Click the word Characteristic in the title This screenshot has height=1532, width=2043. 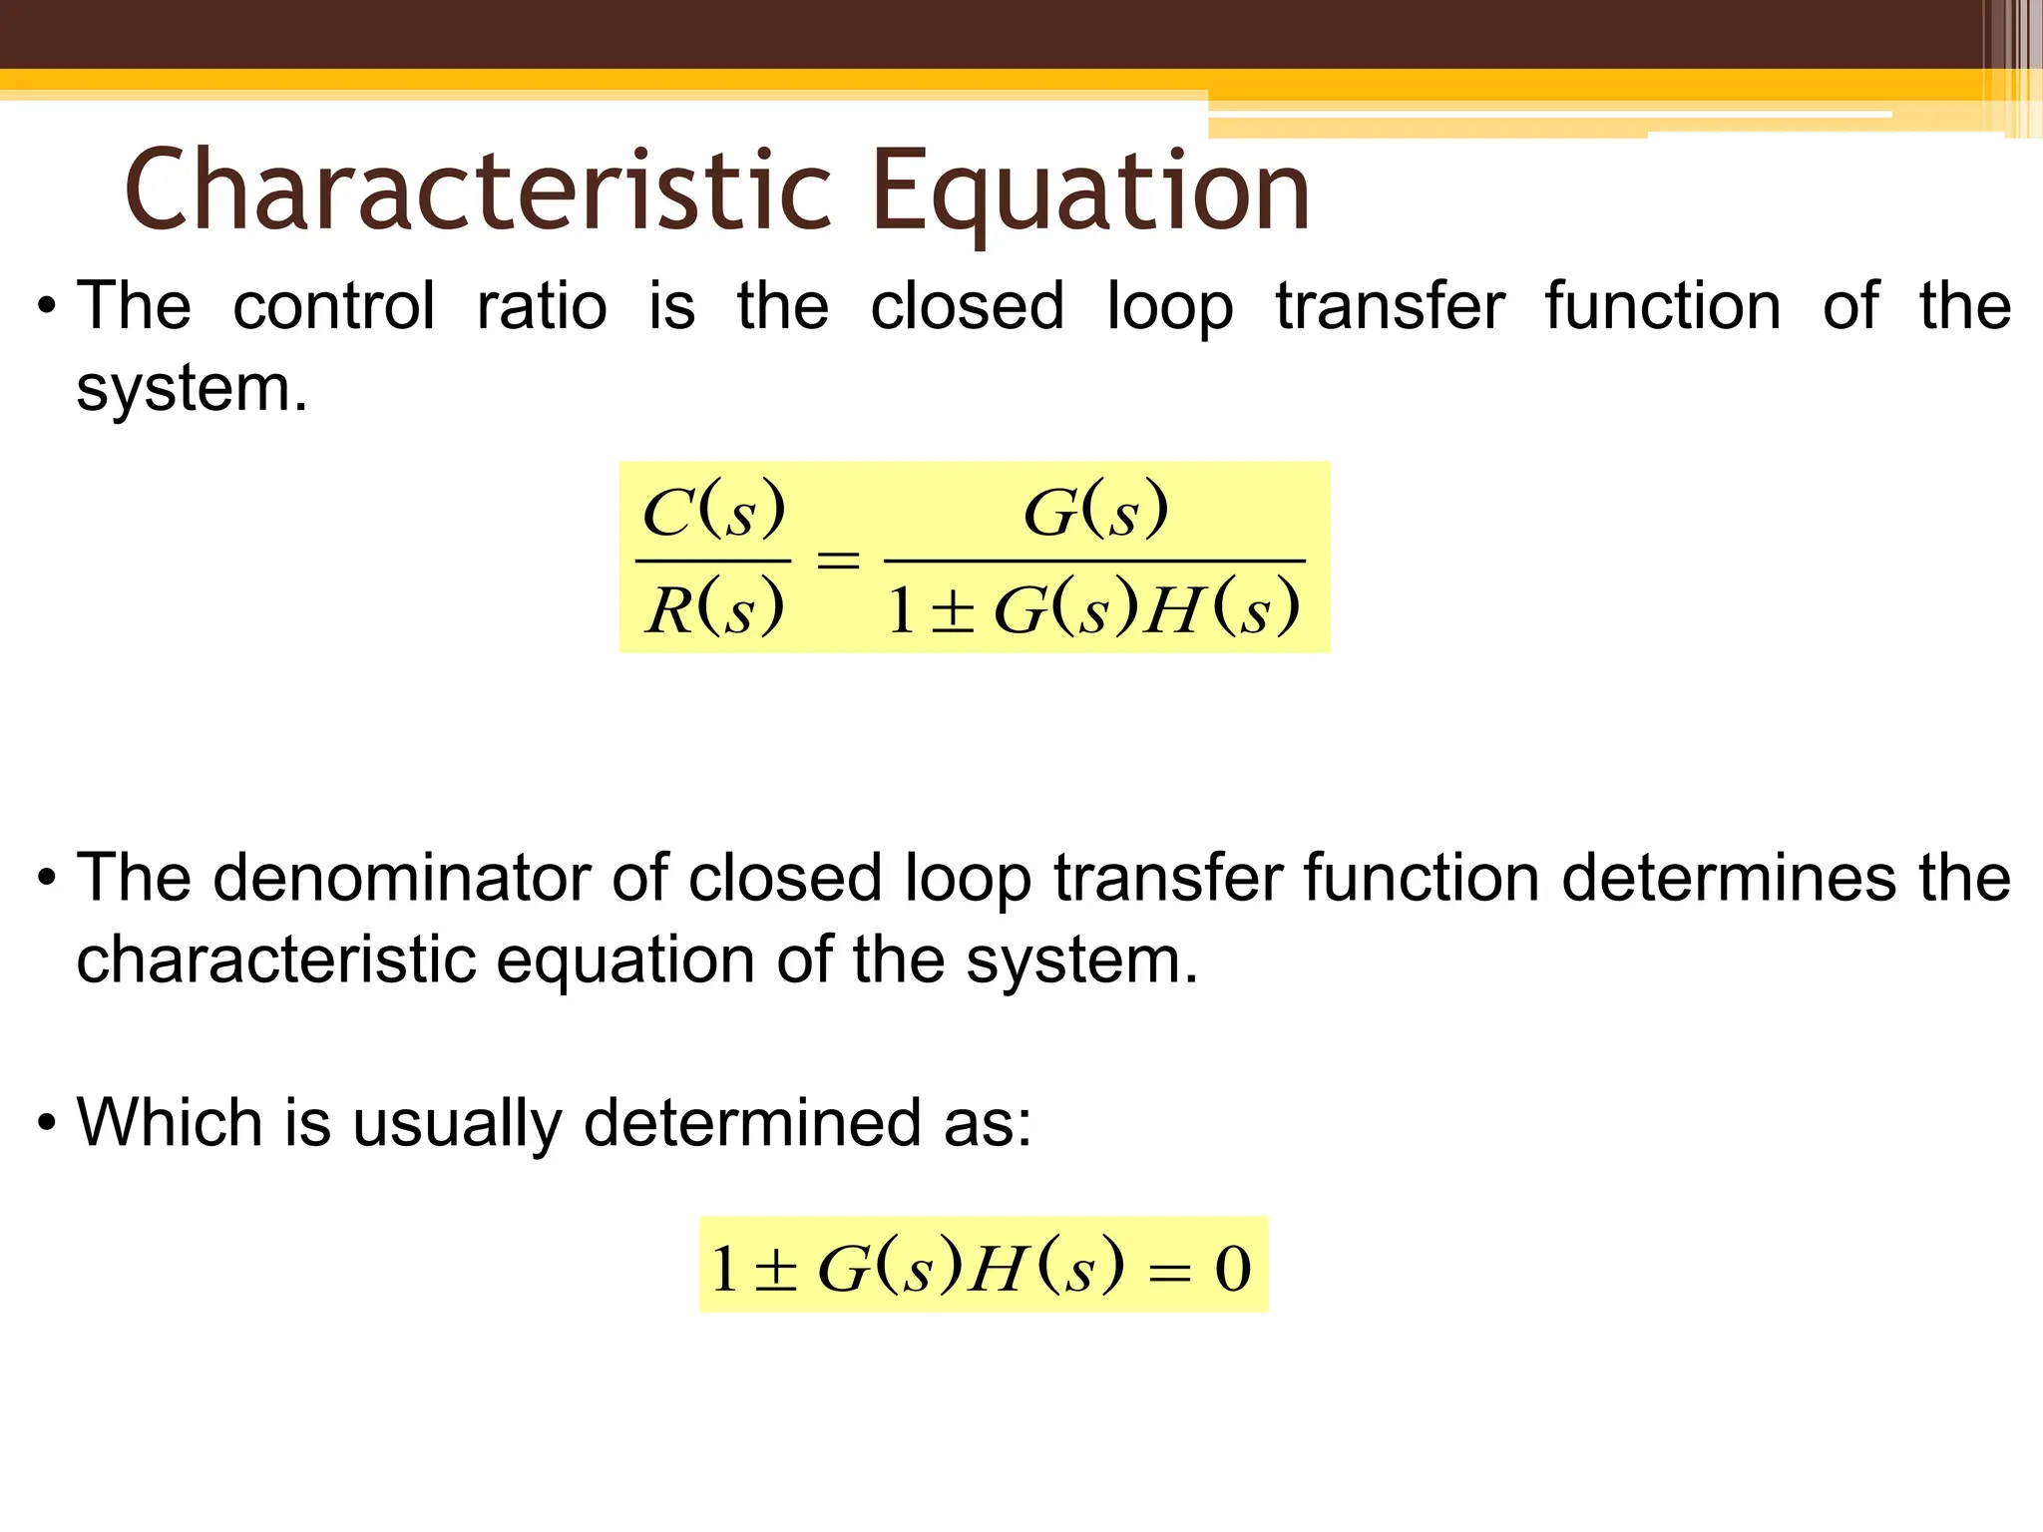[x=477, y=190]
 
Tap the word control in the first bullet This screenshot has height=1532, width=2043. [x=334, y=305]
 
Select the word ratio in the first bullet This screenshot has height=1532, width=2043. [x=542, y=305]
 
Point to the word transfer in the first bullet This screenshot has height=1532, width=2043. [x=1390, y=305]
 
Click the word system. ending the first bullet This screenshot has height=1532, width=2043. [x=193, y=388]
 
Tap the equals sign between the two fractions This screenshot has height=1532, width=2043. [x=838, y=560]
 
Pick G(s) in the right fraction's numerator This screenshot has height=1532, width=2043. [x=1095, y=512]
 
